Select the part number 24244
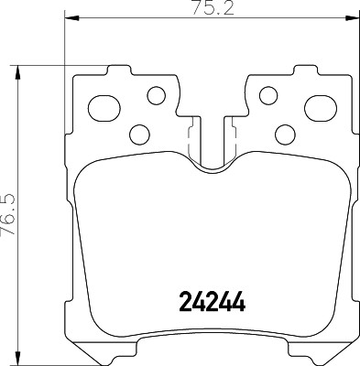pos(211,301)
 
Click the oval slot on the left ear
pos(104,102)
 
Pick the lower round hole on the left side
pos(140,135)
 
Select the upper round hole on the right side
pos(267,94)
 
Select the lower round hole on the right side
pos(284,135)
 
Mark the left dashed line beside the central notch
pos(189,142)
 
